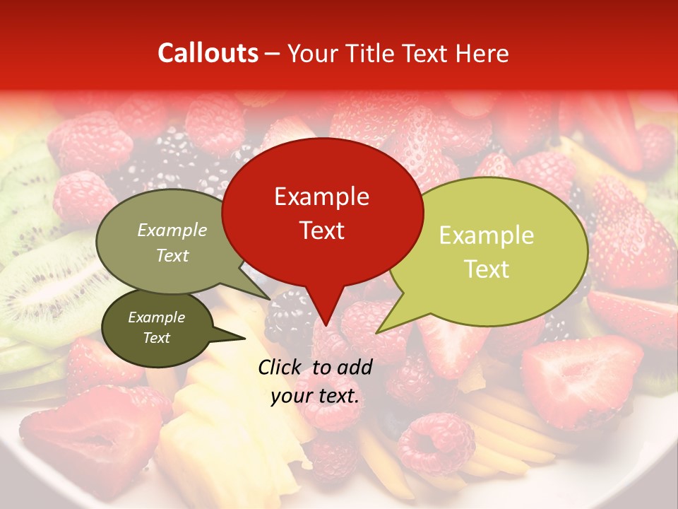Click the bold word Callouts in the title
208,53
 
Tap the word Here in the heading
482,54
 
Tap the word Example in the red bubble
321,197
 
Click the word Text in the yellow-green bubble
487,269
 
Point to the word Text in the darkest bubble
156,338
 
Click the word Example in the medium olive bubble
172,230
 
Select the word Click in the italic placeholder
280,367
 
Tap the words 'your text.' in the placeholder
315,396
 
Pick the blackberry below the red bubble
290,318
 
